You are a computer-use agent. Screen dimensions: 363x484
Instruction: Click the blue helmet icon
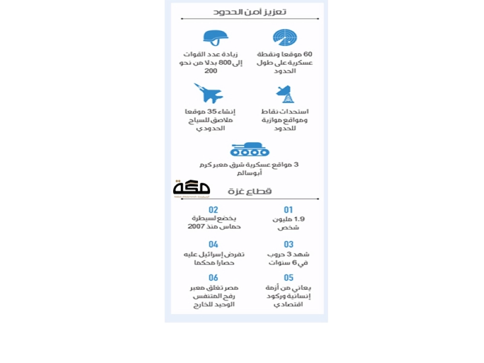coord(215,37)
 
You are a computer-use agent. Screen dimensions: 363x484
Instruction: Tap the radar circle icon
coord(285,38)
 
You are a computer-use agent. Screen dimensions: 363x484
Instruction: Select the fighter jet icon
coord(209,93)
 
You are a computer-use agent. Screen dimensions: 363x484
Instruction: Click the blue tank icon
coord(250,150)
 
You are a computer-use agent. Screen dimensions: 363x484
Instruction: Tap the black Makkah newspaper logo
coord(191,189)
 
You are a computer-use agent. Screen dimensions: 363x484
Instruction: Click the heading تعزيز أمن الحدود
coord(250,11)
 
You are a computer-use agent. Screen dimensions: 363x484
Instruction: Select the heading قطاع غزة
coord(250,191)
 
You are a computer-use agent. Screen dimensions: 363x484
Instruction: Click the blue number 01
coord(288,210)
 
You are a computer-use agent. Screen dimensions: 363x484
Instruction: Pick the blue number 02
coord(213,210)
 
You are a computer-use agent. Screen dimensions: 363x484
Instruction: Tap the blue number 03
coord(288,244)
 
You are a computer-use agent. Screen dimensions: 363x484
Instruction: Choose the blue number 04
coord(213,244)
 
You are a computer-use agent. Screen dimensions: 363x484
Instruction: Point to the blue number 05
coord(288,278)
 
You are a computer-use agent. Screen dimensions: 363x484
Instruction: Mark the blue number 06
coord(213,278)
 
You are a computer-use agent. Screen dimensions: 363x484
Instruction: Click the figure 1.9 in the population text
coord(299,219)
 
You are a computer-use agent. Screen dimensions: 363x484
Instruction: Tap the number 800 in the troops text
coord(226,63)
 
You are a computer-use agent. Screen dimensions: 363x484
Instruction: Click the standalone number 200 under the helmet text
coord(211,71)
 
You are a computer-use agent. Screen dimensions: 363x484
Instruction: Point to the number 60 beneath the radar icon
coord(307,54)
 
